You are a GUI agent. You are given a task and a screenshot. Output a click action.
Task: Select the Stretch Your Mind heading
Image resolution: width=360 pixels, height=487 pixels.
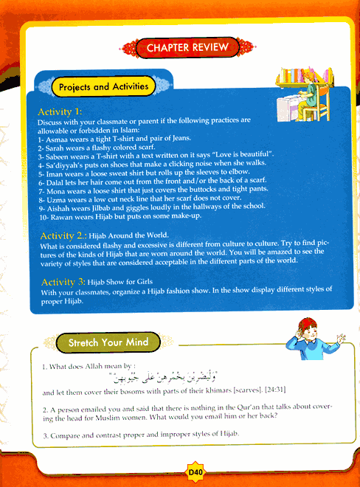point(108,343)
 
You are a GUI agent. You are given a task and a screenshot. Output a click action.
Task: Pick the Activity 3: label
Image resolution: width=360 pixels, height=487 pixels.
point(64,282)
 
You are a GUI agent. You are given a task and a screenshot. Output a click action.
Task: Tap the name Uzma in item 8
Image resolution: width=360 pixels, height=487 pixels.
point(56,198)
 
